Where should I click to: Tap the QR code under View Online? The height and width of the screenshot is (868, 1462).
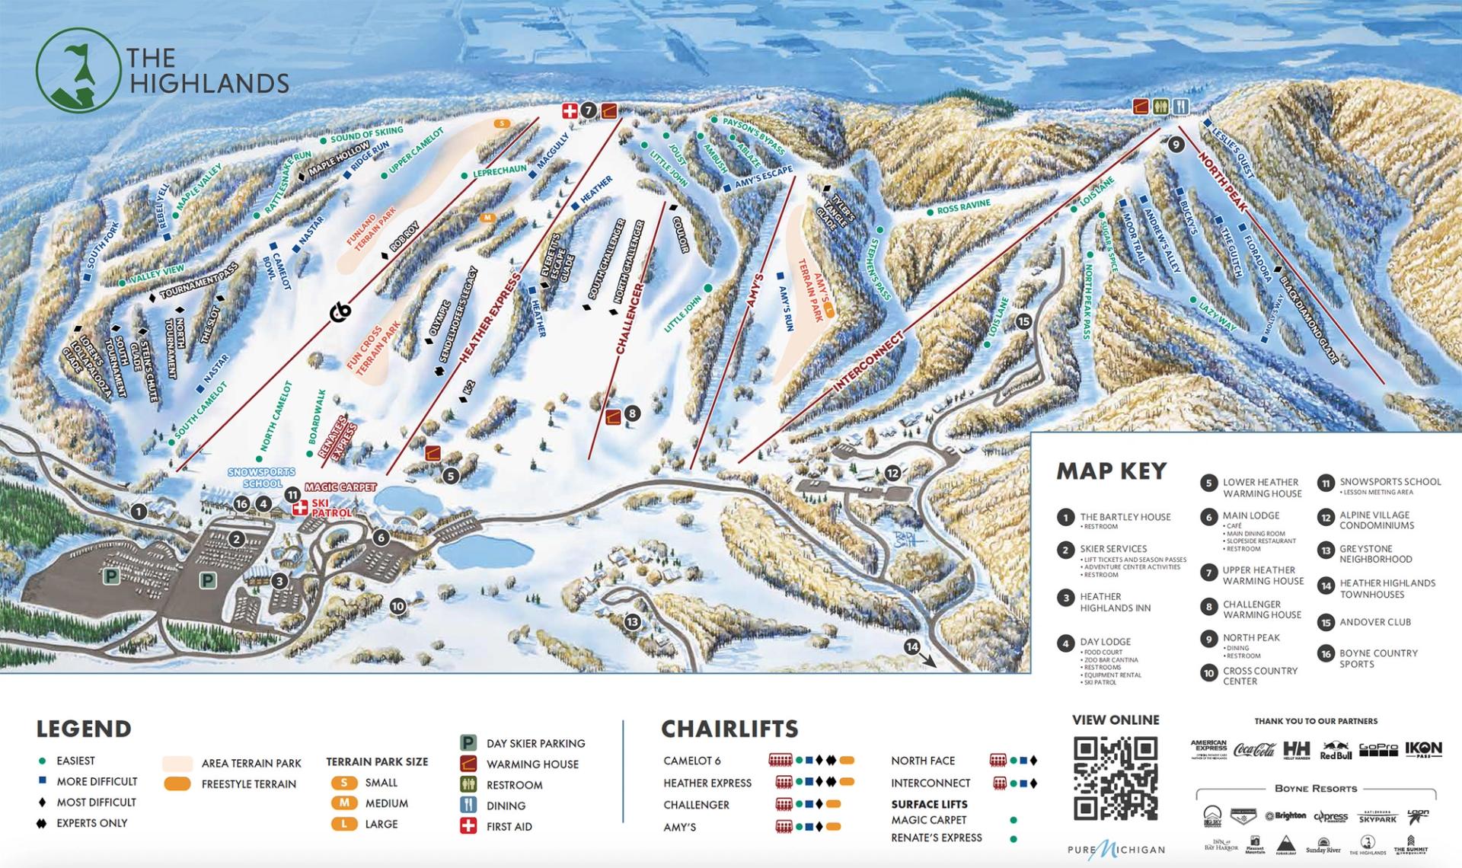tap(1116, 777)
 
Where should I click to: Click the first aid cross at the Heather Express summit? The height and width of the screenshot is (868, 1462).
tap(569, 110)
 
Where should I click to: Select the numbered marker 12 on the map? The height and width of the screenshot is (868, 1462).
tap(892, 473)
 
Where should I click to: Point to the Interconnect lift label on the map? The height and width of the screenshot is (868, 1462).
tap(868, 362)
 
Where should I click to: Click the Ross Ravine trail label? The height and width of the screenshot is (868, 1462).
tap(963, 206)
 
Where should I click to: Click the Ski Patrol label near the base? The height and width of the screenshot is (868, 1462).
tap(330, 509)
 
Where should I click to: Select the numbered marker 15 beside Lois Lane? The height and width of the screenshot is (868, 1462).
tap(1023, 321)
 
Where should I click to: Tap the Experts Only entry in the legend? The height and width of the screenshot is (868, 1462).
tap(91, 823)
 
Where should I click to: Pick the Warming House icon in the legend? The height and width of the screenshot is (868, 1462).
tap(468, 764)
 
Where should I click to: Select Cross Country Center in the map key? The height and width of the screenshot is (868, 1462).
tap(1259, 676)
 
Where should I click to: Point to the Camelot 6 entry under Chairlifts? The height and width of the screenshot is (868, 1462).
tap(691, 761)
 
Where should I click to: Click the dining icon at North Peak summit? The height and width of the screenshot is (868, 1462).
tap(1180, 107)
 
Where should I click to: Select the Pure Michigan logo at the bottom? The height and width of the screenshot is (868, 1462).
tap(1116, 850)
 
